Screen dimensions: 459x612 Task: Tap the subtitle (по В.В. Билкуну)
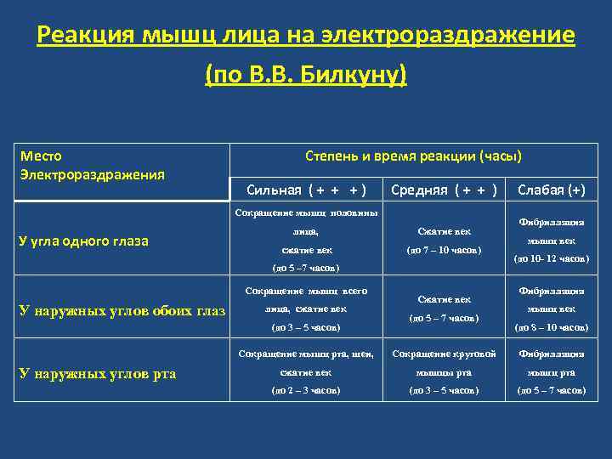(x=306, y=76)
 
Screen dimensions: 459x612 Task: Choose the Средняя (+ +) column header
(x=445, y=190)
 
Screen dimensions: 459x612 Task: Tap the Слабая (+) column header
(x=551, y=190)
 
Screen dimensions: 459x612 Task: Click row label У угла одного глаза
(x=83, y=241)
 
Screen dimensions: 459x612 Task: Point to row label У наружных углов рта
(x=98, y=373)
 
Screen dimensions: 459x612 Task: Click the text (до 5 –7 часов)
(x=305, y=268)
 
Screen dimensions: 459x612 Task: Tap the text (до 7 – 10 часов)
(x=445, y=250)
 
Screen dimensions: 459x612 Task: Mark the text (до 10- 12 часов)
(x=551, y=258)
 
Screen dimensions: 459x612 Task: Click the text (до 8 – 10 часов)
(x=551, y=326)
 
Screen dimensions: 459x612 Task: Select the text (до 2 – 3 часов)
(x=305, y=389)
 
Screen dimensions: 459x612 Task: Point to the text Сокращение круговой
(x=445, y=354)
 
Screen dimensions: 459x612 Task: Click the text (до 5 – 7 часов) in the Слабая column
(x=551, y=389)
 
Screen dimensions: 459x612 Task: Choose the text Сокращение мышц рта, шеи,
(x=305, y=354)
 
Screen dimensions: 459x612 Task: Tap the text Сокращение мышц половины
(x=305, y=212)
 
